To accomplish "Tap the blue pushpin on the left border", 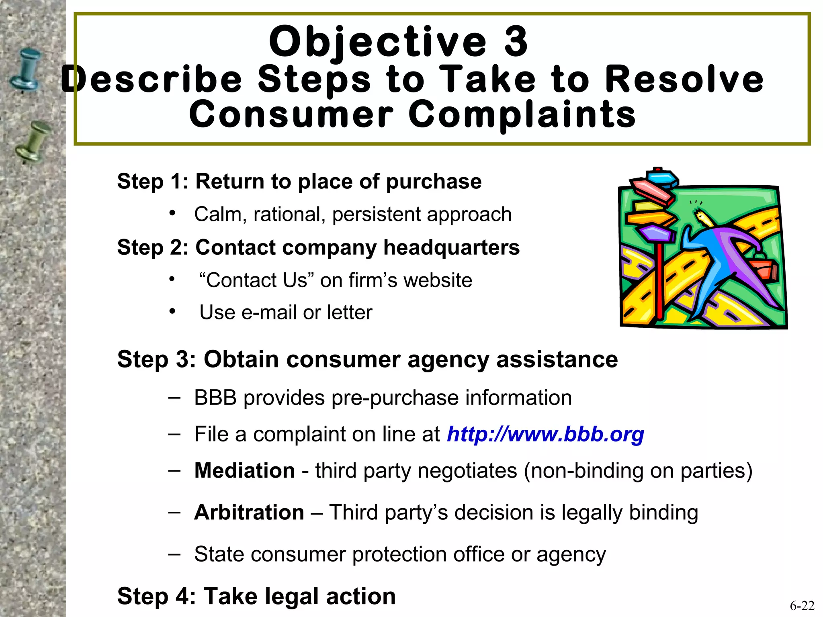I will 27,69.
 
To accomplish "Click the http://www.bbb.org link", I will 545,434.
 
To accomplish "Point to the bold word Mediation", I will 245,470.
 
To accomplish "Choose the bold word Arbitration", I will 249,513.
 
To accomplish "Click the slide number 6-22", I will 802,605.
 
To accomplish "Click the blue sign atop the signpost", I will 661,178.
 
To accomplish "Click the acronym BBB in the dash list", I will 215,398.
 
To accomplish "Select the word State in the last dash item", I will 219,555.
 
